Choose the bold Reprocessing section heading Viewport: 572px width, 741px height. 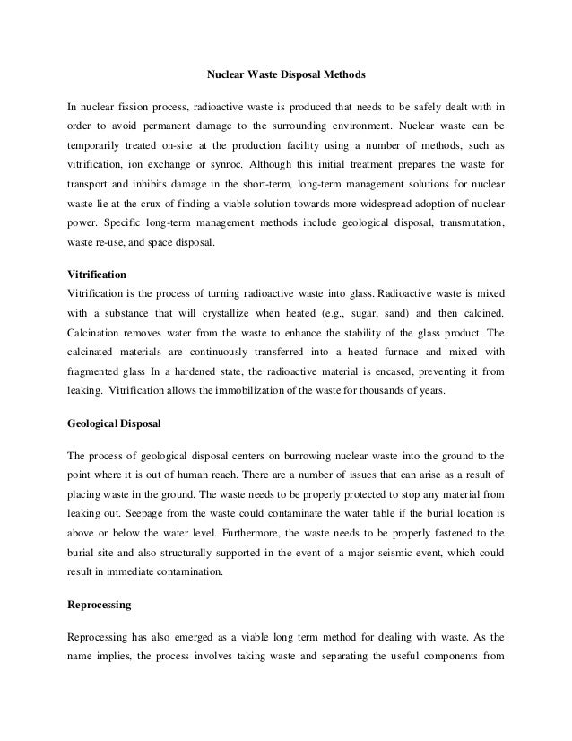click(x=100, y=605)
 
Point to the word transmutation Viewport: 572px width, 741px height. click(x=467, y=217)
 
